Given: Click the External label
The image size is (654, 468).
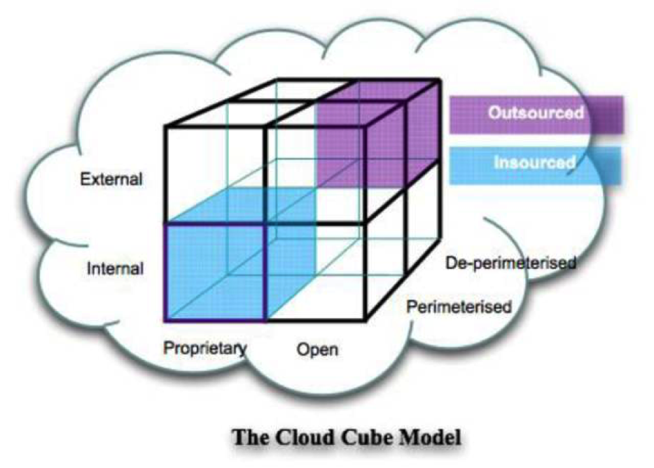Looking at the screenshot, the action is point(111,179).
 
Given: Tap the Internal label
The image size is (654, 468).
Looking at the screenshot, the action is point(115,268).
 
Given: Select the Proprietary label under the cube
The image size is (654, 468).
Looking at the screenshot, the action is point(205,348).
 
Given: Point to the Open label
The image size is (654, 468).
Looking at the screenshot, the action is point(317,350).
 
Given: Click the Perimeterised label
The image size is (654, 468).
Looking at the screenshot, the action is point(459,307).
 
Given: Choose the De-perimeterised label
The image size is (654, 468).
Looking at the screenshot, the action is point(511,263).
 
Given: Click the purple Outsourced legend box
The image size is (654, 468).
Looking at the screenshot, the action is point(536,115).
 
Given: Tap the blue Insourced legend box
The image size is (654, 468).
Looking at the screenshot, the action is point(535,166).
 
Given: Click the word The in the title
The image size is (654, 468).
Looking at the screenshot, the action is point(250,437).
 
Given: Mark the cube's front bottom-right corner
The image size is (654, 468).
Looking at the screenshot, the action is point(366,321).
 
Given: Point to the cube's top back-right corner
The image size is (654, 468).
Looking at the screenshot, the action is point(440,79).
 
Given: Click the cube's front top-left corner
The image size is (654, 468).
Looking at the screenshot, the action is point(166,126).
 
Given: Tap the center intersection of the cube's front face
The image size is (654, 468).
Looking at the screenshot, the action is point(266,225).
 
